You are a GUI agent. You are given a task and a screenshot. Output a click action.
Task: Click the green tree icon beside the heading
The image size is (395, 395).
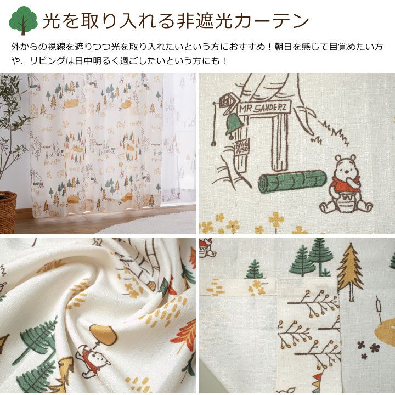point(23,20)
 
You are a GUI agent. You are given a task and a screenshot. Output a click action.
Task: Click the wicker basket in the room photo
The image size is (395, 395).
point(8,212)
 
